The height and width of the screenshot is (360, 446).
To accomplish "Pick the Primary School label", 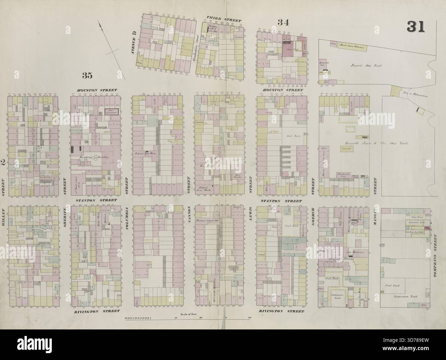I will pyautogui.click(x=208, y=221).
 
